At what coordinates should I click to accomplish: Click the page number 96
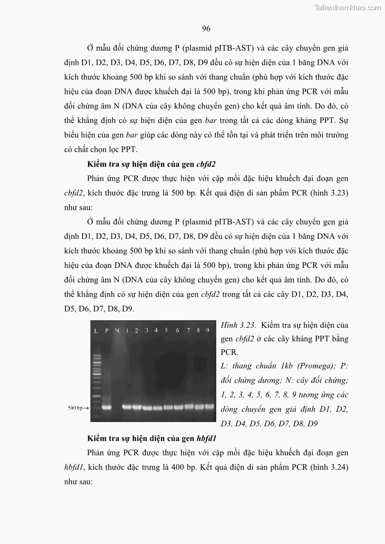coord(206,29)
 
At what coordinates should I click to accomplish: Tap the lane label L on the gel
coord(96,330)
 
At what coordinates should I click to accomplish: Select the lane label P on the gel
coord(107,330)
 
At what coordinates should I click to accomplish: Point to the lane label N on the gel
coord(117,330)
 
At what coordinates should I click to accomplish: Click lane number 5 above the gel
coord(166,330)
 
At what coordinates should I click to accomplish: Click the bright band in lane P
coord(107,407)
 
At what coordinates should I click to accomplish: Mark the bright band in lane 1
coord(127,407)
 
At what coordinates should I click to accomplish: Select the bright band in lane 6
coord(178,407)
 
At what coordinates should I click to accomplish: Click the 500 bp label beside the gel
coord(75,408)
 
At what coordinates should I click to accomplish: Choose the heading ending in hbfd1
coord(151,438)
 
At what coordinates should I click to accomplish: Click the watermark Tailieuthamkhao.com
coord(348,7)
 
